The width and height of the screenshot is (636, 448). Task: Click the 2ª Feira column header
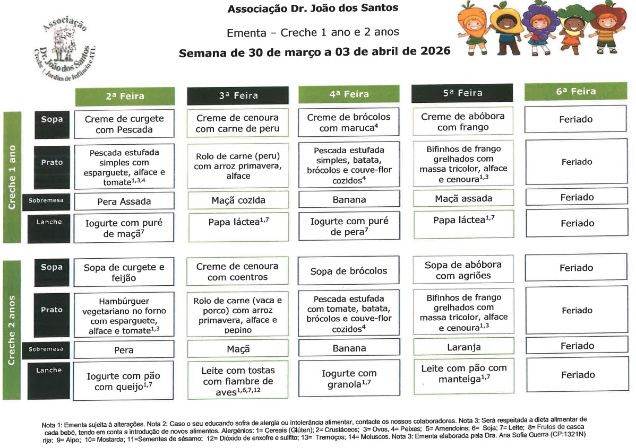point(125,96)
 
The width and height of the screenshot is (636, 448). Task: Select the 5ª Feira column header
point(462,93)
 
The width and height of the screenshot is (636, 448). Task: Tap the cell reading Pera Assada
point(124,201)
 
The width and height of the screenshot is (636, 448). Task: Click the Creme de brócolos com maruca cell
point(348,122)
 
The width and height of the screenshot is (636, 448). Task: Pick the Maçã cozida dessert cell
point(238,200)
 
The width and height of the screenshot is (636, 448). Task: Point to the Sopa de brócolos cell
point(348,271)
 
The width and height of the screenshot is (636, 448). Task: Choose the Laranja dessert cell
point(463,347)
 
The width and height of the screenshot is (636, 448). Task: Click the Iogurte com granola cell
point(348,379)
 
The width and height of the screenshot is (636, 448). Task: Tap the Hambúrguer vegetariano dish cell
point(124,315)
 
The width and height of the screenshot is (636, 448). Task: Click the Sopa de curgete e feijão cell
point(124,273)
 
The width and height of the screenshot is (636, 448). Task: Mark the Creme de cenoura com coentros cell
point(238,271)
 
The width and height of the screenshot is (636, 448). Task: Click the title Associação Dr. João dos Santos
point(313,8)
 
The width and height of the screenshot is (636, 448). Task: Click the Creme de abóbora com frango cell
point(463,121)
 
